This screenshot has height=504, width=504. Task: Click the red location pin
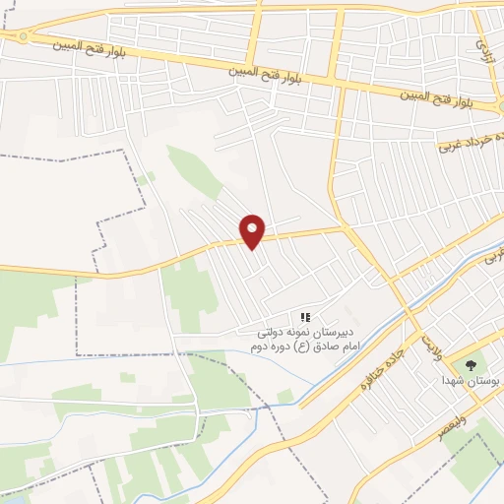pyautogui.click(x=253, y=230)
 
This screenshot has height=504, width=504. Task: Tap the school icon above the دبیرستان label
pyautogui.click(x=305, y=317)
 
